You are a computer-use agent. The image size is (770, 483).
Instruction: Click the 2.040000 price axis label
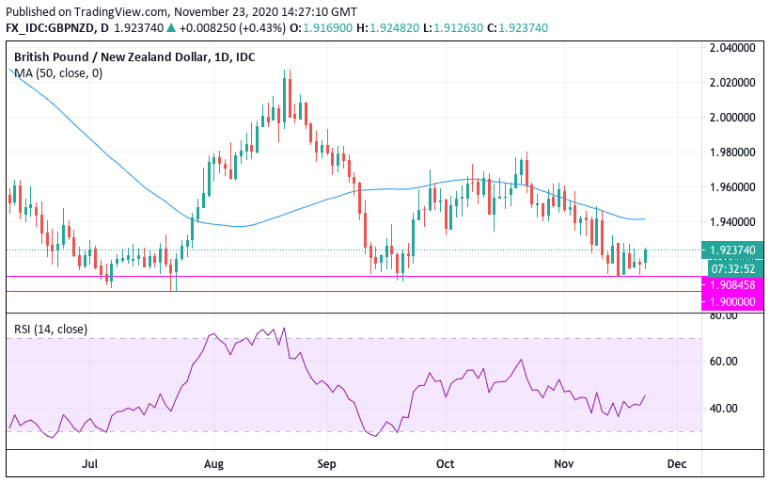pos(733,47)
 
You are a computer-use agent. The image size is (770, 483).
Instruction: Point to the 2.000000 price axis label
pos(733,117)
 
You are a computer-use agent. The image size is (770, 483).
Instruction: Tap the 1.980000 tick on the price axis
pos(733,152)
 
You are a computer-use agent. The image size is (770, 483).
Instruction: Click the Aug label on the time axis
pos(213,464)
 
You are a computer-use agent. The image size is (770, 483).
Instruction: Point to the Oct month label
pos(446,464)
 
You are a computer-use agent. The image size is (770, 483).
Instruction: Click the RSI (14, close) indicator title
pos(51,329)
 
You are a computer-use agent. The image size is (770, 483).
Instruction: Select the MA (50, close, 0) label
pos(58,72)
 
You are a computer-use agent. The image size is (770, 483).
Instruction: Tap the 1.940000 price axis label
pos(733,221)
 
